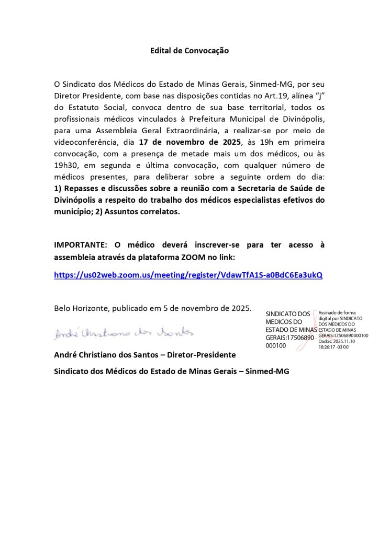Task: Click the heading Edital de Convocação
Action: tap(189, 51)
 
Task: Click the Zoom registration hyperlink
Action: tap(188, 275)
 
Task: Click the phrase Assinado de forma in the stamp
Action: tap(337, 312)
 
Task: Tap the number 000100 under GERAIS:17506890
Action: tap(276, 345)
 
